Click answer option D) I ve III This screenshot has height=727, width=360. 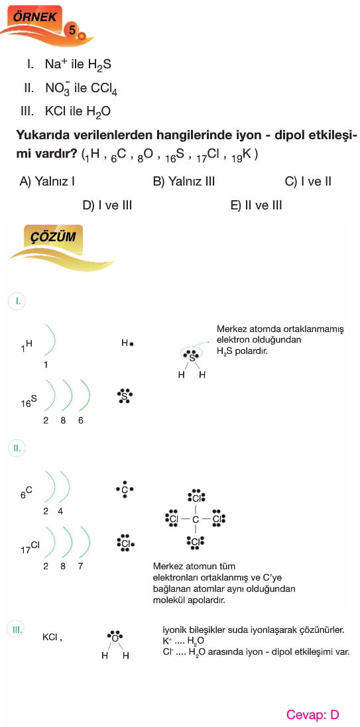tap(107, 205)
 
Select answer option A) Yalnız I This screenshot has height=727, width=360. tap(47, 181)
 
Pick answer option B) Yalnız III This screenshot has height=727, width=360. tap(184, 181)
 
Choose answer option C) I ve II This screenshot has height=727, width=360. tap(308, 181)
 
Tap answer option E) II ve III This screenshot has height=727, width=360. tap(256, 205)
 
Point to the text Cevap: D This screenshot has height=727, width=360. tap(313, 714)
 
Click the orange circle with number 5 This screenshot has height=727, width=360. tap(72, 30)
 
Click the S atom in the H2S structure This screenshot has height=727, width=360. tap(192, 357)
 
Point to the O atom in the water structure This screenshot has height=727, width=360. tap(114, 638)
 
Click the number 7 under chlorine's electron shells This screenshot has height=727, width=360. tap(80, 566)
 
